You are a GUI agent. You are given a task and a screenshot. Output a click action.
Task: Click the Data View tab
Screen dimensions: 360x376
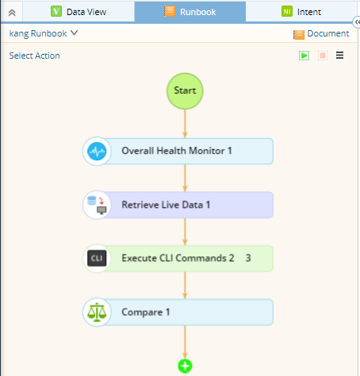tap(79, 12)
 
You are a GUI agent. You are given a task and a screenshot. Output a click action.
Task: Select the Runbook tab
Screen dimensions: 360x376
tap(190, 12)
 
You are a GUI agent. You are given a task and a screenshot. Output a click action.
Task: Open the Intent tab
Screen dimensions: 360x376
tap(301, 12)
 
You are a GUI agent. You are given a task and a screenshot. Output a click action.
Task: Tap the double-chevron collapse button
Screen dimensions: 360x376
tap(12, 13)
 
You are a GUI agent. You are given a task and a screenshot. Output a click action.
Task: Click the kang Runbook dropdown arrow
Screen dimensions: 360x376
tap(75, 33)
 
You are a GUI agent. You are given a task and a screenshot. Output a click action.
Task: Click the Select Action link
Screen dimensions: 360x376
tap(34, 56)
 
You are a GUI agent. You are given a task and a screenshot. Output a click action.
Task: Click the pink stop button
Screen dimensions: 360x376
tap(323, 56)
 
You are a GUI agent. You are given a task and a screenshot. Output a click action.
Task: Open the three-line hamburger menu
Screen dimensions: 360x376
tap(339, 56)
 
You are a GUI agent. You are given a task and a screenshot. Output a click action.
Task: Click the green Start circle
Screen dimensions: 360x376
tap(185, 91)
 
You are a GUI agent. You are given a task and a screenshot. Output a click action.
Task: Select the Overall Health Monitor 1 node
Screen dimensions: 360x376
tap(178, 151)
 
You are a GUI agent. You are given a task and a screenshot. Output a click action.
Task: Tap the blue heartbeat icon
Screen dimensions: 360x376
tap(97, 151)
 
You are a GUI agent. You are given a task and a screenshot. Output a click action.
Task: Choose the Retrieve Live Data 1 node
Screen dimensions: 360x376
tap(178, 205)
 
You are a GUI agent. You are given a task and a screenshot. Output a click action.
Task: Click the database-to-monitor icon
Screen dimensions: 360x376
tap(97, 205)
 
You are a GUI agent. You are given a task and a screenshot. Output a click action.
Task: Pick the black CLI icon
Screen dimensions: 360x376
tap(97, 258)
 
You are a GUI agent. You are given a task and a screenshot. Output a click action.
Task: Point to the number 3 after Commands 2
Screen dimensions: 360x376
tap(248, 258)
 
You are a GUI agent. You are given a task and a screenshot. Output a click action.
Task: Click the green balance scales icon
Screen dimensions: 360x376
tap(97, 312)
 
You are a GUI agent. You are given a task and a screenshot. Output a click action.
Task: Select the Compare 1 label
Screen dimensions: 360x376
tap(146, 313)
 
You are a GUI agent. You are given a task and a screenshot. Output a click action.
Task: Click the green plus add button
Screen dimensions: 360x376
tap(185, 366)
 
